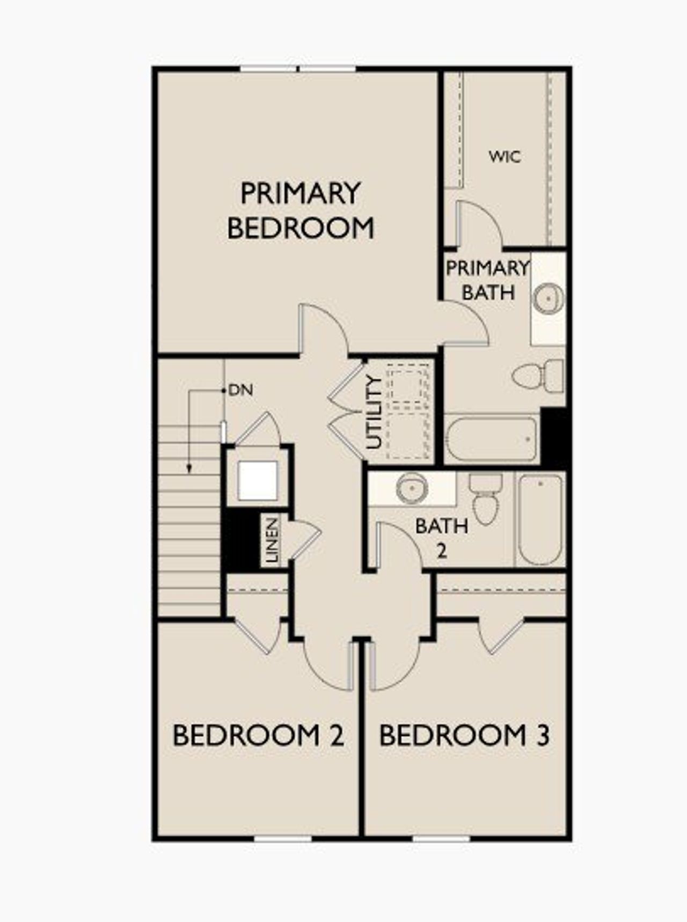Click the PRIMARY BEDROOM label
301,210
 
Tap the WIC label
505,157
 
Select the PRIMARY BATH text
487,280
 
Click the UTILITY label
374,412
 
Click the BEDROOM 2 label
258,735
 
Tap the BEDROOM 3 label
464,735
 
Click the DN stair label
240,390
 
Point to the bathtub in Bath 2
540,519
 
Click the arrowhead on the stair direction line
189,469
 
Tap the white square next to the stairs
258,480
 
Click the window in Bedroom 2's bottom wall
282,838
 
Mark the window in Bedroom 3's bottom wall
441,838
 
